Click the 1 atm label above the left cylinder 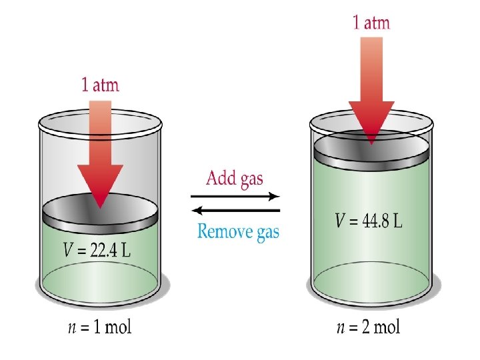click(100, 85)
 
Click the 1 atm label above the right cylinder click(371, 23)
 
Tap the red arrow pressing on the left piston click(100, 160)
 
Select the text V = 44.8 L click(369, 221)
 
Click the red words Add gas click(234, 179)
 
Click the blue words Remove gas click(238, 231)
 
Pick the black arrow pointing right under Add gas click(234, 197)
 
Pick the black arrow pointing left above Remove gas click(234, 211)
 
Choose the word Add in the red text click(219, 179)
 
